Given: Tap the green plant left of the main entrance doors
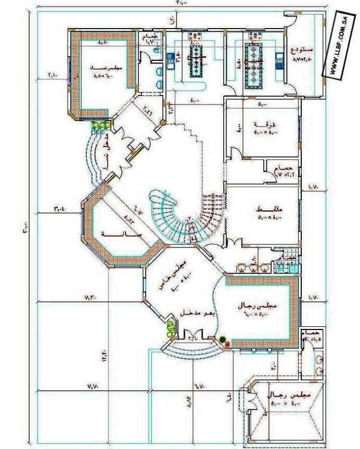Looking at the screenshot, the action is point(170,328).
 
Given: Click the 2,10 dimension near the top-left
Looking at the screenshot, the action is point(54,76).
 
